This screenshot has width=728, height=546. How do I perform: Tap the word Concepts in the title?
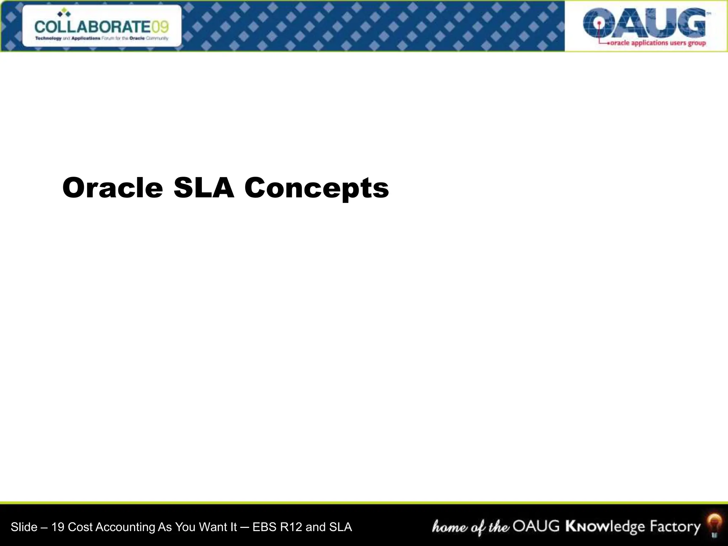(x=316, y=188)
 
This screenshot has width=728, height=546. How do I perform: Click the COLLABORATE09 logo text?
(x=102, y=27)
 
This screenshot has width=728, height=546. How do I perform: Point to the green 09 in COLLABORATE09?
(x=160, y=27)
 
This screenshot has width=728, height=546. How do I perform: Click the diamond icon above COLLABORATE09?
(x=64, y=14)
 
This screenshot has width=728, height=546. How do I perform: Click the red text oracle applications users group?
(x=658, y=43)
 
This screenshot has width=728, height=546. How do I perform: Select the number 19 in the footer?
(x=58, y=527)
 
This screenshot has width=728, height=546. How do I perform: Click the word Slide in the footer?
(x=24, y=527)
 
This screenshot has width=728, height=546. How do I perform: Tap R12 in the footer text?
(x=291, y=527)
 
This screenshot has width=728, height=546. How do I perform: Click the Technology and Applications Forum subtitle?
(x=102, y=38)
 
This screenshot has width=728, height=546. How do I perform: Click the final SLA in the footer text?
(x=340, y=527)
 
